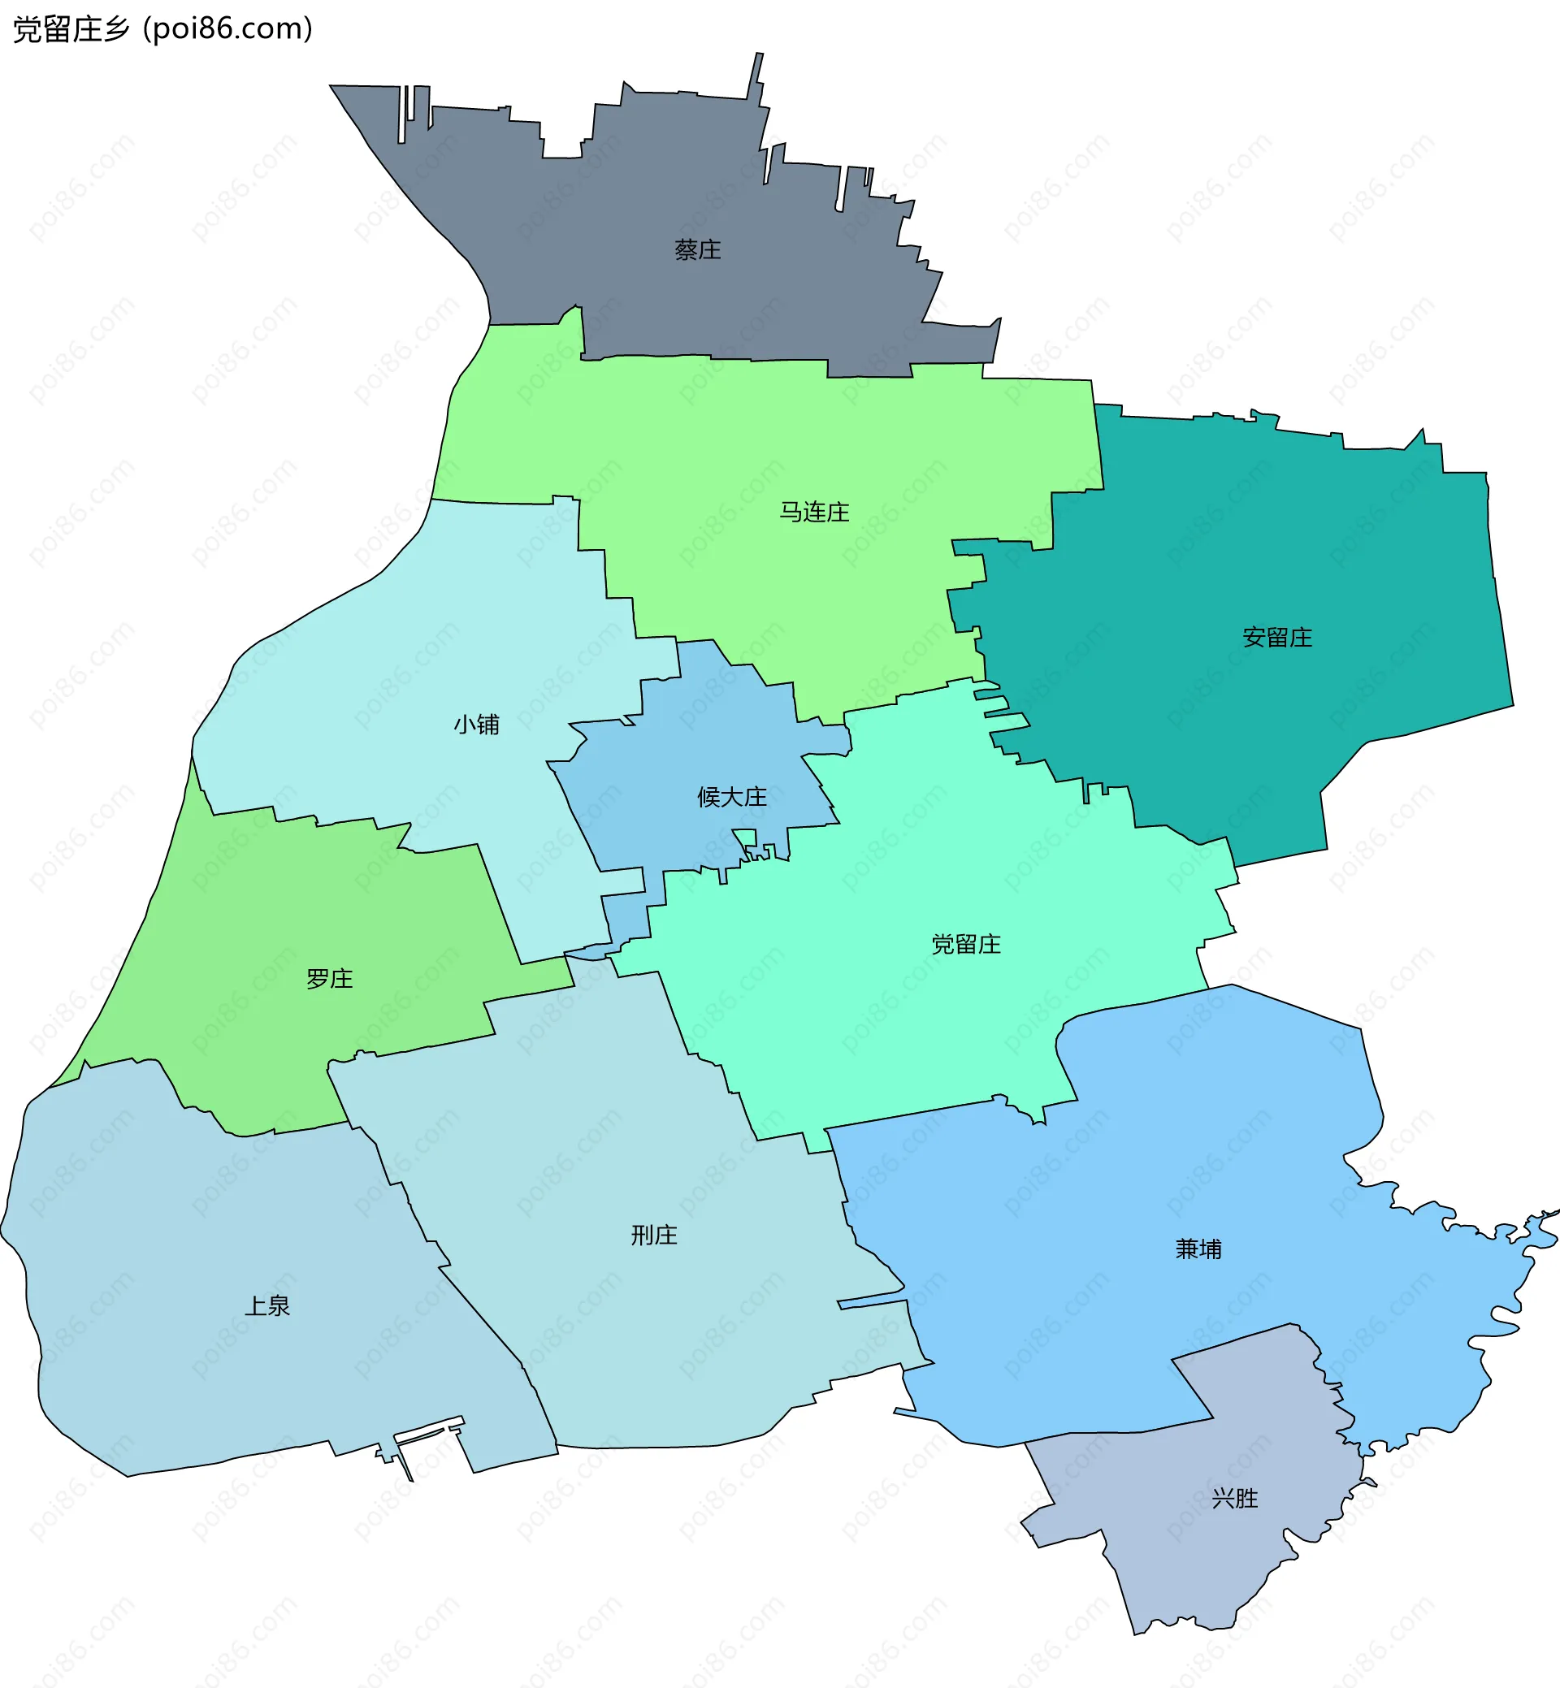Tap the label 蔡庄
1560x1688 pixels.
pyautogui.click(x=697, y=250)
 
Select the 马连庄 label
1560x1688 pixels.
pyautogui.click(x=814, y=513)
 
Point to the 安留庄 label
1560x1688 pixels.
pyautogui.click(x=1277, y=637)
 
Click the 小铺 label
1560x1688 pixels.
pyautogui.click(x=476, y=724)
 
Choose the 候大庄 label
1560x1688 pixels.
pyautogui.click(x=732, y=797)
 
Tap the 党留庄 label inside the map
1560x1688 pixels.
pyautogui.click(x=966, y=944)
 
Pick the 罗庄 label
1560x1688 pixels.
pyautogui.click(x=329, y=978)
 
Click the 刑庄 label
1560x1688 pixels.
pyautogui.click(x=654, y=1235)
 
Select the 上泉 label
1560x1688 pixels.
pyautogui.click(x=266, y=1305)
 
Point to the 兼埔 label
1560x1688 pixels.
pyautogui.click(x=1198, y=1249)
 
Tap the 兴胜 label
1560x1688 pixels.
pyautogui.click(x=1234, y=1497)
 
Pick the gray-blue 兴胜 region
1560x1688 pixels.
pyautogui.click(x=1198, y=1561)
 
